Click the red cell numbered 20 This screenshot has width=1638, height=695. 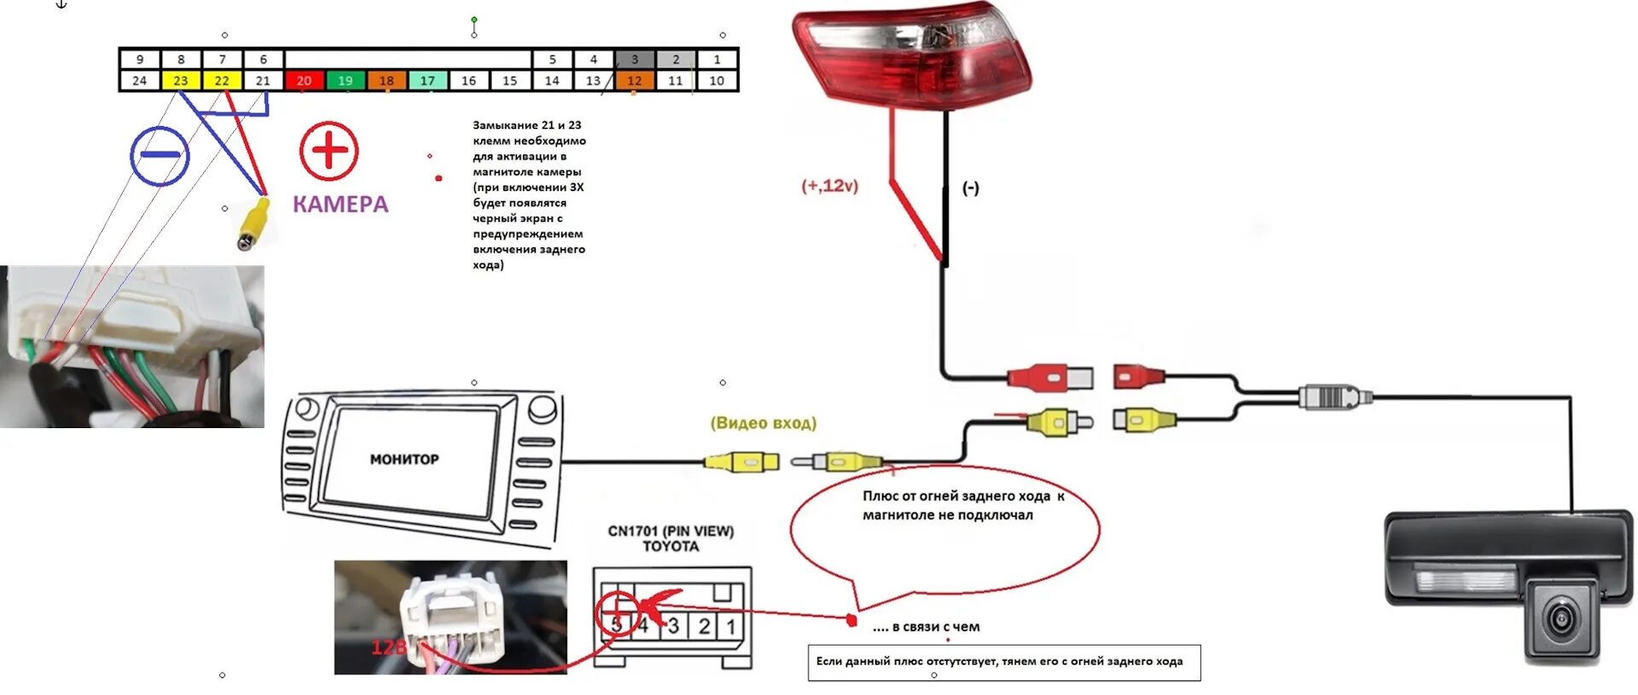304,80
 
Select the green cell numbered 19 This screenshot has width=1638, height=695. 345,80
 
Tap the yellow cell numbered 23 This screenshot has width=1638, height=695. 181,80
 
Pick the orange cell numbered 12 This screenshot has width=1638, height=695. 634,80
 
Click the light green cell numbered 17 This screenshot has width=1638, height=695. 427,80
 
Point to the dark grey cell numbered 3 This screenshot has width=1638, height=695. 634,60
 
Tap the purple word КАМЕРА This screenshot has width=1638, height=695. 340,204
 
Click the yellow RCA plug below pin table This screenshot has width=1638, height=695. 253,223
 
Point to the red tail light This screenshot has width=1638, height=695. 911,56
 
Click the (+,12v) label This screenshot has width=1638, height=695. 829,185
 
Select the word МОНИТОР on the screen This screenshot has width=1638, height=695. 404,459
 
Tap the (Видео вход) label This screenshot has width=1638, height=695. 764,423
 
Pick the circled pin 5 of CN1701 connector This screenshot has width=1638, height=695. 616,625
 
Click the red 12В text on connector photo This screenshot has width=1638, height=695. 389,647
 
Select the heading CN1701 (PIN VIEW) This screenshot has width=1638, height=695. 671,530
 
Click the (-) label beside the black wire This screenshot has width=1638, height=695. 971,188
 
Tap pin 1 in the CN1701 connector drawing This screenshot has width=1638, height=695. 731,626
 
